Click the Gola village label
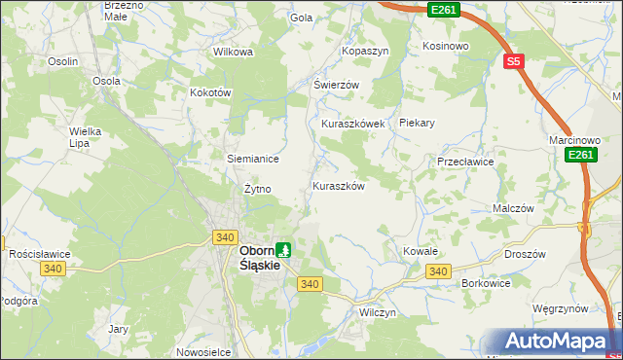click(x=301, y=18)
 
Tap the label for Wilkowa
click(x=233, y=52)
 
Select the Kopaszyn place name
click(x=365, y=50)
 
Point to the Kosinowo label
click(x=446, y=46)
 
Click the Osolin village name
click(x=63, y=61)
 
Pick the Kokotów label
click(x=210, y=92)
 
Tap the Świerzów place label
click(x=336, y=85)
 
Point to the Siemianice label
click(x=253, y=159)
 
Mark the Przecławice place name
click(x=466, y=162)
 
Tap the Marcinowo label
click(x=572, y=140)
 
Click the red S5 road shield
click(x=515, y=60)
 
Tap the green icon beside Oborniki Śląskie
click(x=283, y=250)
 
